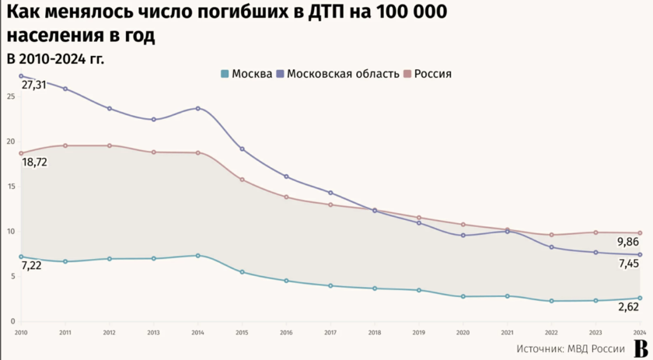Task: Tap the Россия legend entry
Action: tap(428, 74)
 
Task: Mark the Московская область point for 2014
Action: tap(197, 108)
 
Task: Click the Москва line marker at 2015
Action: tap(242, 272)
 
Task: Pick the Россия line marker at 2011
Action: tap(65, 145)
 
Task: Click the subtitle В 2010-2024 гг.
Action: tap(54, 58)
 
